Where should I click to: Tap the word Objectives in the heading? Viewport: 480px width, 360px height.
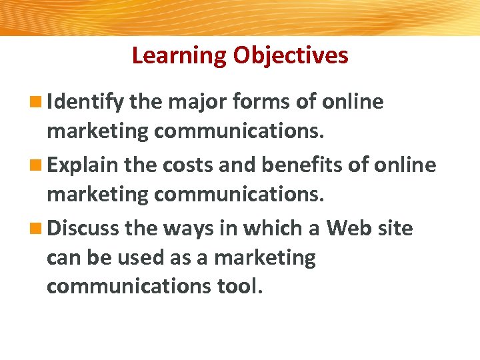[x=290, y=55]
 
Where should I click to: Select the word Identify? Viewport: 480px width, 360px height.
[x=86, y=102]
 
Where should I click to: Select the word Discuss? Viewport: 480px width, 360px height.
[x=84, y=229]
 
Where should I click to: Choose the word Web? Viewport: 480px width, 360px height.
[x=348, y=229]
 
